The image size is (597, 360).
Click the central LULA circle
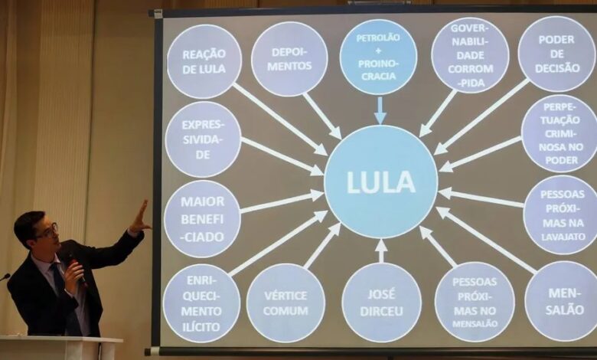tap(380, 182)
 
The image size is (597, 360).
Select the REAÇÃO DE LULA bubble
tap(204, 61)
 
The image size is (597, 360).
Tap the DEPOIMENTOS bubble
tap(289, 58)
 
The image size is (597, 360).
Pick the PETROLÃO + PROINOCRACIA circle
tap(378, 56)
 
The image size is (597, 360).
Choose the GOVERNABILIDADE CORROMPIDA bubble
tap(470, 55)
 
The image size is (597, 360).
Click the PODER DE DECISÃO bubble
tap(556, 53)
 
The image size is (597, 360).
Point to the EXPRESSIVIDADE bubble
tap(203, 139)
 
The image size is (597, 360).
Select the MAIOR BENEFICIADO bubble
tap(202, 218)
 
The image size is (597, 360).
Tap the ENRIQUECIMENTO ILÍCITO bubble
tap(201, 303)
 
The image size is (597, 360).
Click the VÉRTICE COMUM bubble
tap(285, 303)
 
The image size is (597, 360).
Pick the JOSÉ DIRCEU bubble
tap(381, 302)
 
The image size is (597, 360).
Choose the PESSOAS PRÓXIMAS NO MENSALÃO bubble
tap(475, 301)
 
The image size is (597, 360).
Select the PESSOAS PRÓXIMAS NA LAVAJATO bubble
tap(560, 214)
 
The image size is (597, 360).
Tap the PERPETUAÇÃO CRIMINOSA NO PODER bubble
tap(559, 133)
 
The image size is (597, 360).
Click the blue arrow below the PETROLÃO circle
tap(380, 110)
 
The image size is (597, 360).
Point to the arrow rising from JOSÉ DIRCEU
tap(381, 250)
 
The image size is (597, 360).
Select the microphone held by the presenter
tap(77, 270)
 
